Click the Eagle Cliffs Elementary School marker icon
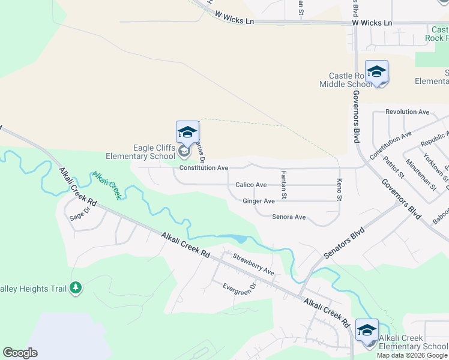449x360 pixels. [187, 133]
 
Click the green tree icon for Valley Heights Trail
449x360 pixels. [76, 289]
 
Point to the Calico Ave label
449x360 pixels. [251, 185]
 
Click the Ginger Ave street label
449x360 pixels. [259, 201]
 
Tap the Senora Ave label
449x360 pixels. [289, 217]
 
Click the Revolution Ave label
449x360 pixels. [408, 112]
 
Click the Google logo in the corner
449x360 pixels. [20, 353]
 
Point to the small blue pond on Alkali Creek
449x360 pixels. [240, 239]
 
